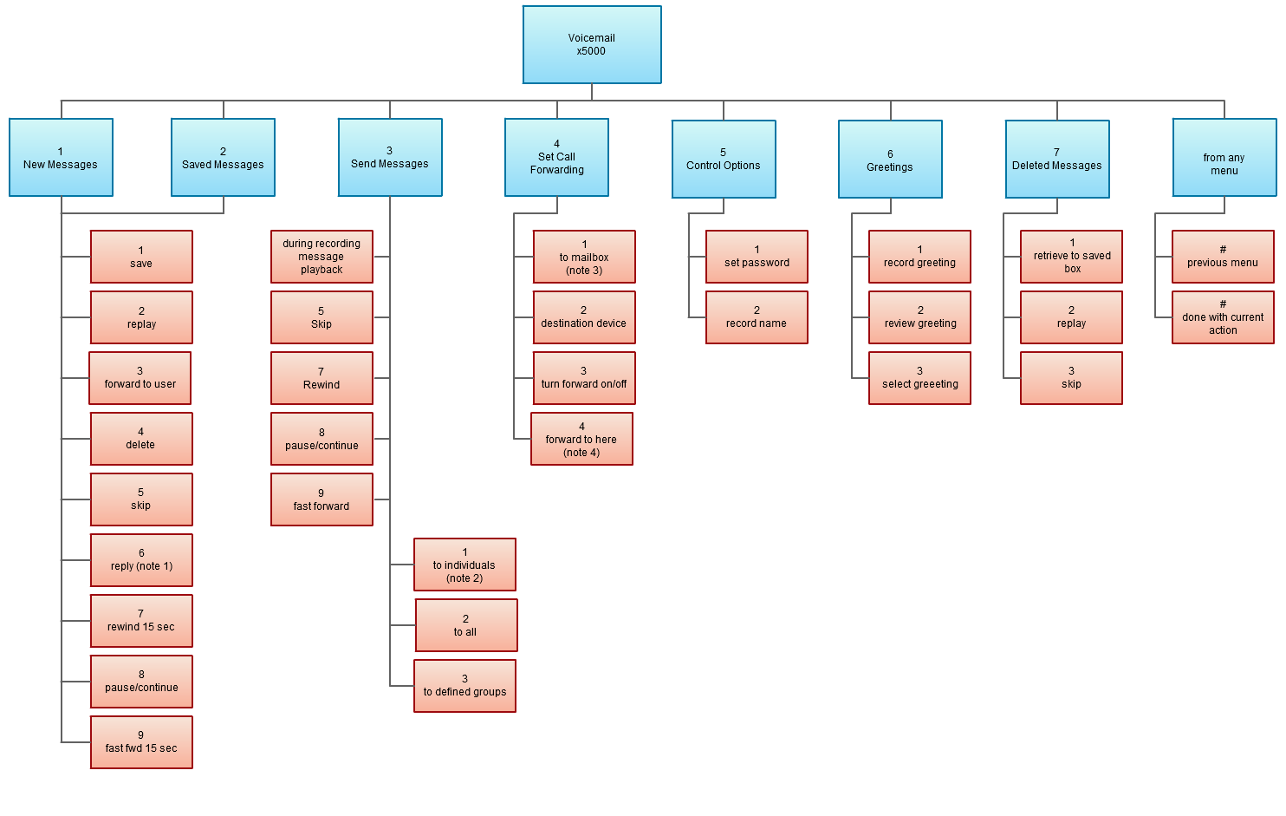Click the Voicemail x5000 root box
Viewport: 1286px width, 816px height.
(592, 45)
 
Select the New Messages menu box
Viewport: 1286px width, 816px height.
(61, 158)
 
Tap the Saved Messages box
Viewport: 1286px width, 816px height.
(223, 158)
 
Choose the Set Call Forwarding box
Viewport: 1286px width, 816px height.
(556, 158)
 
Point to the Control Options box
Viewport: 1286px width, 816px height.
(724, 160)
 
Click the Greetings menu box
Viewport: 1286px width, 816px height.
(890, 160)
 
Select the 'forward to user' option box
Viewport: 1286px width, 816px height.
(140, 378)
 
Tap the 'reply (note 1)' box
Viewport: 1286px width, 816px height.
(141, 560)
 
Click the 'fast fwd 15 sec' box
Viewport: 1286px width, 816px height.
(141, 742)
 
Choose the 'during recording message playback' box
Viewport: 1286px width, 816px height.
(321, 257)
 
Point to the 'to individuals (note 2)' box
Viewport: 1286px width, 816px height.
(464, 565)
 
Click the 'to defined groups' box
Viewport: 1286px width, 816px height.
(464, 686)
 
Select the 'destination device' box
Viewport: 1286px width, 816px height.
(584, 317)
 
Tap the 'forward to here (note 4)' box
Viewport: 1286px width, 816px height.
(581, 439)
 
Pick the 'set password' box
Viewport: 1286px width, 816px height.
(757, 257)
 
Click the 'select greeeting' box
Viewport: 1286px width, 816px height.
(919, 378)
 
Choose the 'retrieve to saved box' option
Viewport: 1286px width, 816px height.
(1071, 257)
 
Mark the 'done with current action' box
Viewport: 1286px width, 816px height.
(1223, 317)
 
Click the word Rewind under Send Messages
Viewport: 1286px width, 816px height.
(321, 385)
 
